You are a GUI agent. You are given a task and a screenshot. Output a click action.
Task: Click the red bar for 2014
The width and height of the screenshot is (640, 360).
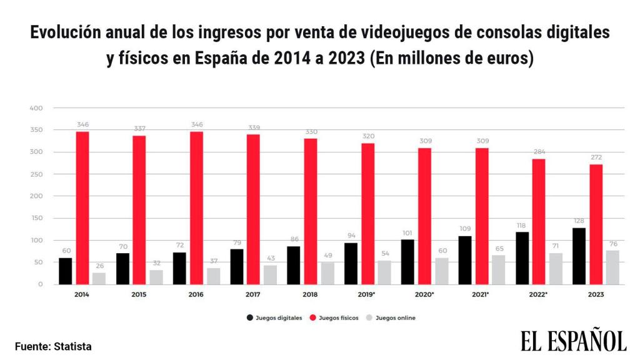82,207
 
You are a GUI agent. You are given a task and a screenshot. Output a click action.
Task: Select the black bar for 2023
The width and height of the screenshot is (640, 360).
579,256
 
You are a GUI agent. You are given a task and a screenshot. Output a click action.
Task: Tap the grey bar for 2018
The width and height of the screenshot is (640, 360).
327,273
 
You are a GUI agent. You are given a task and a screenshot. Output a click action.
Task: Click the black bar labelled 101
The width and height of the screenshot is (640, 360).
407,262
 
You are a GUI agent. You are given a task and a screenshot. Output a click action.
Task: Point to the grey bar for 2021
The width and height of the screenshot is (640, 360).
498,269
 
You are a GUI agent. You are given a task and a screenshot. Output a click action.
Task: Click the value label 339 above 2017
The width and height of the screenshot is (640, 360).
254,127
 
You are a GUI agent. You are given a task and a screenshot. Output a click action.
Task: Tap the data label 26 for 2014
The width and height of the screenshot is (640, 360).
99,266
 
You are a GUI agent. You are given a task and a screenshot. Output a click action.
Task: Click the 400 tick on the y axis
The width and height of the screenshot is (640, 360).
36,108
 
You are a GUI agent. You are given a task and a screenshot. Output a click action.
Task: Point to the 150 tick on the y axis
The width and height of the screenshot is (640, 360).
36,218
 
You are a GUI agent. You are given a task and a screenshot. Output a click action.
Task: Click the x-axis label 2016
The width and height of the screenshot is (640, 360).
196,292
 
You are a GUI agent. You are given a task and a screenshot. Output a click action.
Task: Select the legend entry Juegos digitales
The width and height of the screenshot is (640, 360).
278,317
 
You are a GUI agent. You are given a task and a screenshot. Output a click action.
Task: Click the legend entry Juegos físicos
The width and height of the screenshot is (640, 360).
338,317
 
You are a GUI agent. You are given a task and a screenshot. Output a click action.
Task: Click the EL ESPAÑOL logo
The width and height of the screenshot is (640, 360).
573,341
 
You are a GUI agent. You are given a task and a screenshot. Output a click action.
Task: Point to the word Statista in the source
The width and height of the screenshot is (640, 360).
73,346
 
